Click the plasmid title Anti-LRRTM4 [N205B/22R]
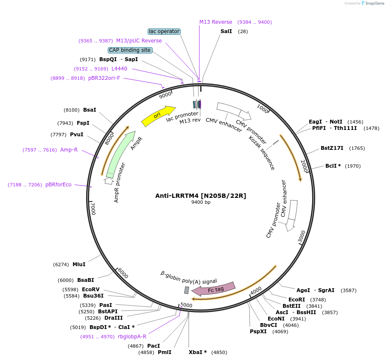click(x=201, y=196)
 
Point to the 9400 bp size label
click(x=201, y=202)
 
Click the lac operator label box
click(x=164, y=31)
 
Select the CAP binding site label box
click(x=130, y=50)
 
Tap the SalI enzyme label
click(x=226, y=31)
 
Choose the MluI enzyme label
click(x=79, y=264)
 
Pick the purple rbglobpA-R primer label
click(x=132, y=337)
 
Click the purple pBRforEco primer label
click(x=59, y=185)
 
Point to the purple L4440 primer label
click(x=119, y=69)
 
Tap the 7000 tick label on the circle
click(x=93, y=208)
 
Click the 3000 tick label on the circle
click(x=302, y=237)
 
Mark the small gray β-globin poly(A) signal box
click(x=186, y=290)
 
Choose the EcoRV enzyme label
click(x=91, y=290)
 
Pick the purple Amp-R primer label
click(x=69, y=150)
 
